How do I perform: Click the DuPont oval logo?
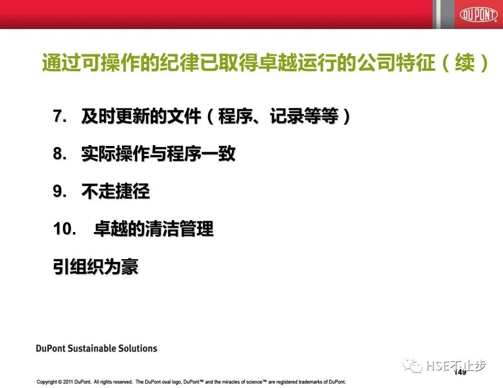pos(479,15)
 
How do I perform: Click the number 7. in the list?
pos(60,116)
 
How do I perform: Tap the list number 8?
pos(60,154)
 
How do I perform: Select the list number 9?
pos(60,192)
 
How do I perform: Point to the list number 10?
pos(65,229)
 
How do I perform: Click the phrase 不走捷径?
pos(116,192)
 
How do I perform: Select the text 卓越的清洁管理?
pos(153,229)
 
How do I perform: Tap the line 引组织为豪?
pos(96,267)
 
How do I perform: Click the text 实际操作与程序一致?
pos(159,154)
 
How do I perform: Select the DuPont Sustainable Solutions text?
pos(96,349)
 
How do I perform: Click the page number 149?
pos(460,372)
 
